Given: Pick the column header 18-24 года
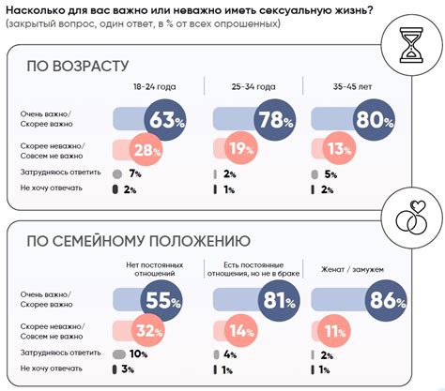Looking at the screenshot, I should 153,87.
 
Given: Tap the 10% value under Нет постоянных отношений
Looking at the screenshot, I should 135,354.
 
